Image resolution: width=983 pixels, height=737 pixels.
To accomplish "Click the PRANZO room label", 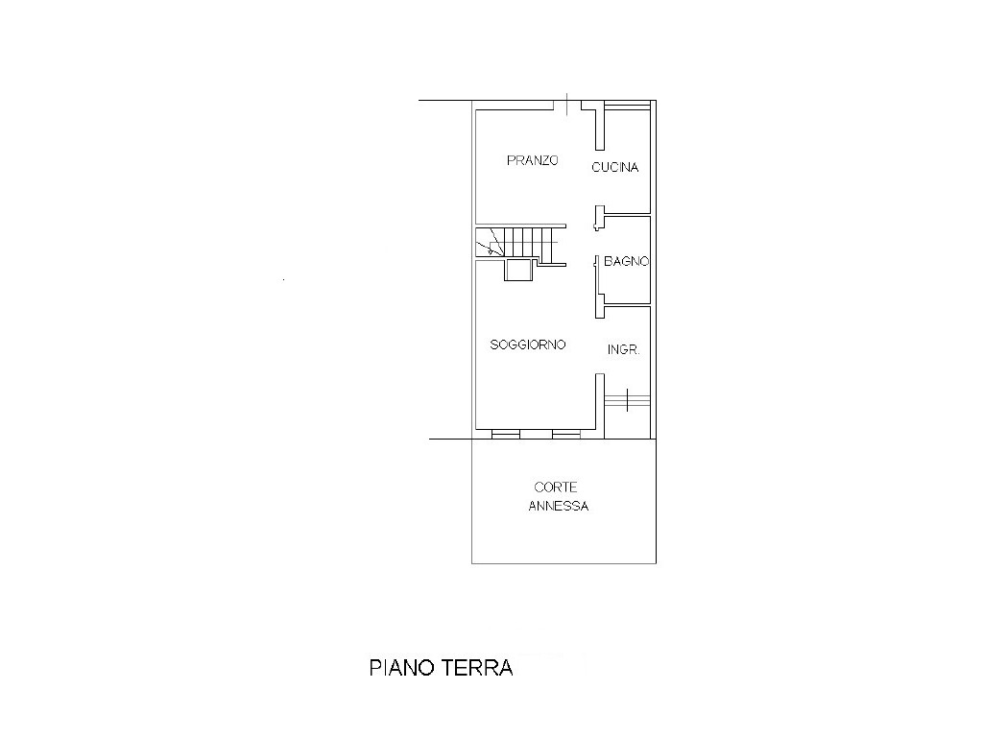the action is coord(532,160).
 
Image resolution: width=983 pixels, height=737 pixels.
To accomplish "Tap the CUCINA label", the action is coord(615,167).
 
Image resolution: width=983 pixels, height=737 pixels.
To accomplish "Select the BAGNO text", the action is coord(626,261).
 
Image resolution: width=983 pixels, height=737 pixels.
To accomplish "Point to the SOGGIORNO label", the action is coord(528,345).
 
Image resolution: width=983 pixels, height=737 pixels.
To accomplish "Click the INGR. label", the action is coord(623,349).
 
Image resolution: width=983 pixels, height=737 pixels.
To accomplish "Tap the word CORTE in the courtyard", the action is coord(556,487).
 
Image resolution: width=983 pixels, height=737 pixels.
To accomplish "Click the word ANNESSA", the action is coord(559,506).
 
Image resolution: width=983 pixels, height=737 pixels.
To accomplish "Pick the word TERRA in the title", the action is coord(478,668).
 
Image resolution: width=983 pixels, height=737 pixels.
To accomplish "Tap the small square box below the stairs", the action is coord(519,270).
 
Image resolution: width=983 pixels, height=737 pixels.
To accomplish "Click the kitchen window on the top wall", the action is coord(627,106).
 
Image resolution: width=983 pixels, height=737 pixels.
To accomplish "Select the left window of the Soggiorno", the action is coord(506,434).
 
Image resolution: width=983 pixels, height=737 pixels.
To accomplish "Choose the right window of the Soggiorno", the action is coord(566,434).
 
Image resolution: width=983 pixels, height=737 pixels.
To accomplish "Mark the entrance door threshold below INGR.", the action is coord(627,399).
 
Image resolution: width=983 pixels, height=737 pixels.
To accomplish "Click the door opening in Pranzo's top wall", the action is coord(567,105).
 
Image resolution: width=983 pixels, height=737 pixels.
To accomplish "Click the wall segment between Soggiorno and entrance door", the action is coord(600,405).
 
